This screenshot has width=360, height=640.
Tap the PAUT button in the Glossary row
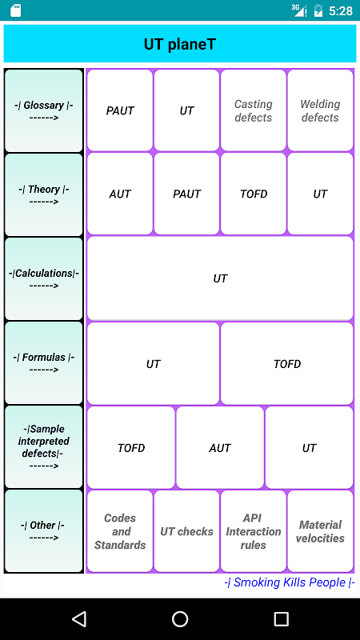point(119,110)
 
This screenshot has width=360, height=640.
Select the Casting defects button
point(254,110)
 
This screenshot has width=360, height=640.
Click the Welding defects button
point(321,110)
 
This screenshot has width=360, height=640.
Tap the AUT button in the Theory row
point(119,194)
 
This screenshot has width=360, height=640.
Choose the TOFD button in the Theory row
point(254,194)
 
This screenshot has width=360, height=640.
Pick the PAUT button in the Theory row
point(186,194)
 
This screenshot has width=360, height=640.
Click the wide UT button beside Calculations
point(220,278)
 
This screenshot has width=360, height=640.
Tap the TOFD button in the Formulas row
point(287,364)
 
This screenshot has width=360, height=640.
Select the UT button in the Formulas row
point(153,364)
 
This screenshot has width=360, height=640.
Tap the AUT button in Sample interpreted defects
point(220,448)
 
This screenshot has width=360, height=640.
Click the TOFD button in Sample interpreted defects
point(131,448)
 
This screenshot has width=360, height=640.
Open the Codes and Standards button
point(119,531)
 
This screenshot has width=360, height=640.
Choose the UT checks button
point(186,531)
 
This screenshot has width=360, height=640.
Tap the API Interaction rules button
point(254,531)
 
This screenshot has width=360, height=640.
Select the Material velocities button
point(321,531)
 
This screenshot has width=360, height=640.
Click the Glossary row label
point(44,110)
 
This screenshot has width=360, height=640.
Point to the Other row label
point(44,531)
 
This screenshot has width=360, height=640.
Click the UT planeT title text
point(179,44)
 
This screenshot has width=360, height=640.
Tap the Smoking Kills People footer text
point(290,582)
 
